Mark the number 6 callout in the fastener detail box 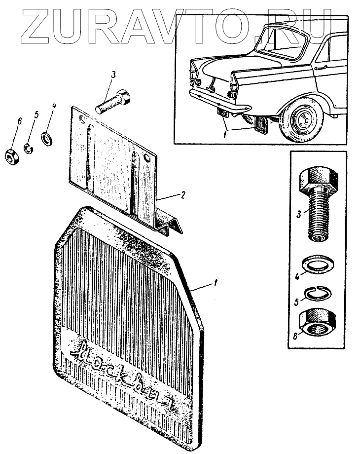click(295, 337)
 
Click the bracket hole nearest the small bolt click(147, 158)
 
